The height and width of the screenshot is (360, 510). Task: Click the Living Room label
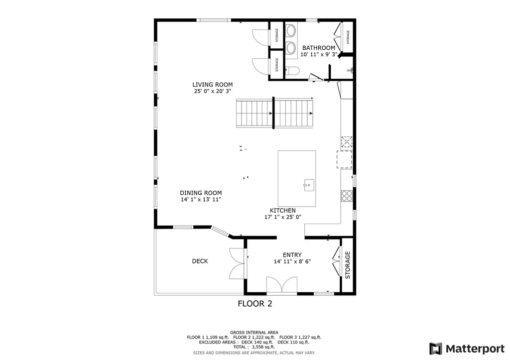click(212, 85)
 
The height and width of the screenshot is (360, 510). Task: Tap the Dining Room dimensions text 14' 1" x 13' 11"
click(201, 199)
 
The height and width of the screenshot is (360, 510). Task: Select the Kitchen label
click(283, 211)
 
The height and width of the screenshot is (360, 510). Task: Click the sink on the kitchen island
click(309, 185)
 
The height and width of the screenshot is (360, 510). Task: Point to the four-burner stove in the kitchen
click(347, 196)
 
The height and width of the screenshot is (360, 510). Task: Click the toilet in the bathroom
click(292, 71)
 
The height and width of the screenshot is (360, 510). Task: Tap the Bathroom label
click(319, 48)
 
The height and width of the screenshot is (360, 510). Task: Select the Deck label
click(200, 261)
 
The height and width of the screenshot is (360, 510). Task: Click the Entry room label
click(292, 255)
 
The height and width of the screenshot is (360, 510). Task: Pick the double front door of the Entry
click(282, 285)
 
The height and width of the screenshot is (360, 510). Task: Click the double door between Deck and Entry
click(237, 264)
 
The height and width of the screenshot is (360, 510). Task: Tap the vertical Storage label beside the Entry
click(347, 265)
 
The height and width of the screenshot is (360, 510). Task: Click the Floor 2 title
click(255, 304)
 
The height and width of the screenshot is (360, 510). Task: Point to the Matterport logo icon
click(436, 349)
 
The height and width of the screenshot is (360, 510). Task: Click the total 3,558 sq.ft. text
click(254, 347)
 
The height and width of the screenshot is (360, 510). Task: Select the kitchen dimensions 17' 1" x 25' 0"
click(283, 217)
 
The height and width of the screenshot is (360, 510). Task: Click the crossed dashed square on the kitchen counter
click(347, 142)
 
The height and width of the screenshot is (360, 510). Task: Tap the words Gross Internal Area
click(254, 332)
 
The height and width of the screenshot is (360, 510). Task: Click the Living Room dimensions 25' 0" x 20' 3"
click(212, 92)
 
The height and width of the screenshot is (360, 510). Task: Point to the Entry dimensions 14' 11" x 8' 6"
click(292, 261)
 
